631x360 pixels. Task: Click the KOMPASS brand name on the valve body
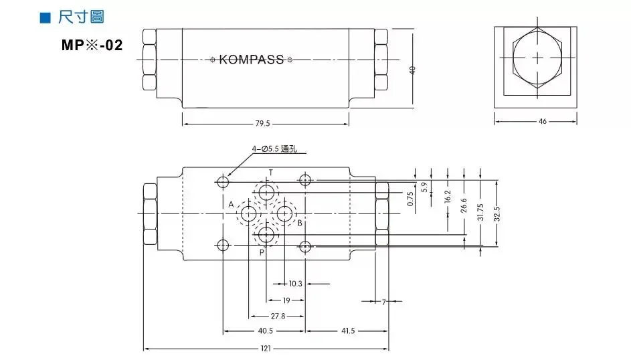tap(251, 60)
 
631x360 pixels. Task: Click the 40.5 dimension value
tap(265, 331)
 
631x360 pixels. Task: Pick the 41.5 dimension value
tap(347, 331)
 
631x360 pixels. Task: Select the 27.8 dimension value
tap(278, 316)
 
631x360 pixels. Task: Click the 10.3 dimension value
tap(296, 284)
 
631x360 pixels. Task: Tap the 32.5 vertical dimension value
tap(497, 214)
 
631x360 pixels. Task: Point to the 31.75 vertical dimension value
tap(480, 212)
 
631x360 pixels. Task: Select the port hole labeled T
tap(267, 193)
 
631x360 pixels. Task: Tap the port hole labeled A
tap(249, 214)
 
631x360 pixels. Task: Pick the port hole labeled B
tap(285, 214)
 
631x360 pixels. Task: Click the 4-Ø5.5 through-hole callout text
tap(274, 149)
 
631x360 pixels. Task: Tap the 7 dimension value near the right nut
tap(384, 302)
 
